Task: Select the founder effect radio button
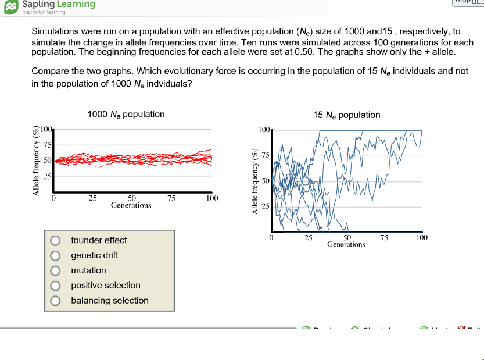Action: (55, 240)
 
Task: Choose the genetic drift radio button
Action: (55, 255)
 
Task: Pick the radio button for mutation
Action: (55, 270)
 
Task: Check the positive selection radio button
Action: (55, 286)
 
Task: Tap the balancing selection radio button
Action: (55, 301)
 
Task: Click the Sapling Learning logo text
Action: (58, 5)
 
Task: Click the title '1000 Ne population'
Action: (126, 115)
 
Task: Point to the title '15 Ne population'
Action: (346, 115)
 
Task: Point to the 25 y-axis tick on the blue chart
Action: (264, 206)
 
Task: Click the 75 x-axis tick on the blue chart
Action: (383, 237)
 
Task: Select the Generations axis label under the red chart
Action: (131, 205)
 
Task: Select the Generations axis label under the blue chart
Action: (346, 244)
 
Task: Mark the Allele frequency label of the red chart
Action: (36, 161)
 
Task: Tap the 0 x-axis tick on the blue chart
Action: (271, 237)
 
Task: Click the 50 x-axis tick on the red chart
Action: (132, 198)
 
